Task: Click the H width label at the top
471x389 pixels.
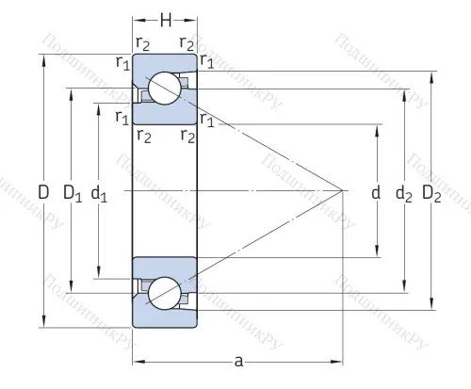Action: coord(165,18)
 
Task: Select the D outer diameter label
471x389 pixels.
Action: coord(43,192)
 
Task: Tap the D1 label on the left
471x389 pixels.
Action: coord(72,193)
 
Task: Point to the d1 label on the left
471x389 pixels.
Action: coord(99,195)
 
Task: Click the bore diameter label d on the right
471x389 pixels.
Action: coord(375,193)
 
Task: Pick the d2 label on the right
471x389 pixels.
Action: coord(403,194)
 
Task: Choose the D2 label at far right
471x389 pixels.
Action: coord(431,194)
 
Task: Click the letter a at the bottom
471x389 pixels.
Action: coord(237,361)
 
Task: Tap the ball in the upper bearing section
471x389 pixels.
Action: coord(165,89)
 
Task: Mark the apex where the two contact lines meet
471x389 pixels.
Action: coord(340,191)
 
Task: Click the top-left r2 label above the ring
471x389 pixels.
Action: coord(143,43)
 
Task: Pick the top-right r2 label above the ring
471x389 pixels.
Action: coord(187,43)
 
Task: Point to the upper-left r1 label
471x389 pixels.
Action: coord(122,62)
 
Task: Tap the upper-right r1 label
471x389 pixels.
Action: coord(207,61)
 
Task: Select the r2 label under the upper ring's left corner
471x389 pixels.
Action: coord(143,137)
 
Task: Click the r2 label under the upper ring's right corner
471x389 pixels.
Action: coord(187,137)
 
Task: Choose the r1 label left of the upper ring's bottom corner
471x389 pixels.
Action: coord(122,117)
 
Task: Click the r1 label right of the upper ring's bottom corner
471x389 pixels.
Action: coord(207,119)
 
